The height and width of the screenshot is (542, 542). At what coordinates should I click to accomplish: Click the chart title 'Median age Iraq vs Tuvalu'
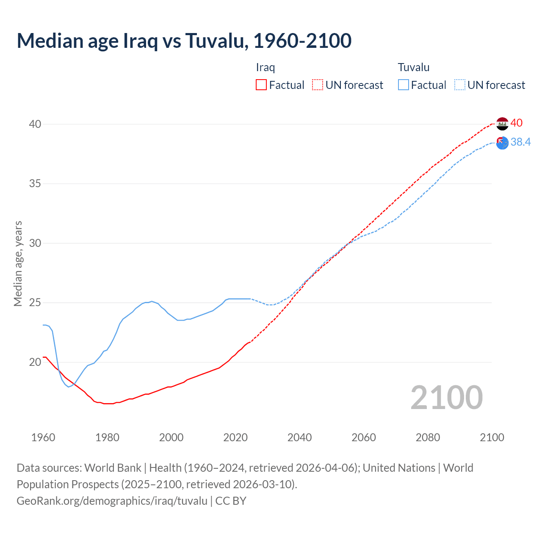tap(184, 41)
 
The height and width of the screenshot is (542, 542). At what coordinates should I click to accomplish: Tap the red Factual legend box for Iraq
tap(261, 85)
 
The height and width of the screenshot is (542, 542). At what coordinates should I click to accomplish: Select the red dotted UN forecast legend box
tap(318, 85)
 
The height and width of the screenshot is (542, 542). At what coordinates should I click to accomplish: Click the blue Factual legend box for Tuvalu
tap(404, 85)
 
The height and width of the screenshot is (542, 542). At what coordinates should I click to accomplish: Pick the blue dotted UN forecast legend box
tap(459, 85)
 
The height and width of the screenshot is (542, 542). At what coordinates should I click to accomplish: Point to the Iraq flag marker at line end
tap(502, 124)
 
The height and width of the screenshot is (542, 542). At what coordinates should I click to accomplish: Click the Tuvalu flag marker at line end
tap(502, 143)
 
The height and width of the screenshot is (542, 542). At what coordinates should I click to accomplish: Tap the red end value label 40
tap(517, 123)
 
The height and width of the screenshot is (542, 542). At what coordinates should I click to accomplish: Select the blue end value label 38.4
tap(520, 142)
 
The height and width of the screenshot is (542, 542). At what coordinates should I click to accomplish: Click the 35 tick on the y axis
tap(35, 184)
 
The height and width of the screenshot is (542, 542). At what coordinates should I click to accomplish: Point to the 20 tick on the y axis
tap(35, 362)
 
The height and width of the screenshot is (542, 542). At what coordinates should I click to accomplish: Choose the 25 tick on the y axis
tap(35, 303)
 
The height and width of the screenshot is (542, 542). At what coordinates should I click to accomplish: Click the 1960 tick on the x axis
tap(43, 437)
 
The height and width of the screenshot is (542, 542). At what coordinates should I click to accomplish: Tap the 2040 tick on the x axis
tap(299, 437)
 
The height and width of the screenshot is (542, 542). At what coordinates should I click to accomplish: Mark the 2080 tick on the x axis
tap(428, 437)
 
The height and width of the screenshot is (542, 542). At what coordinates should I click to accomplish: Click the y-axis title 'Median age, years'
tap(18, 263)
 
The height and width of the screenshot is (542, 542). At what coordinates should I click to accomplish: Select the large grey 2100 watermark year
tap(446, 398)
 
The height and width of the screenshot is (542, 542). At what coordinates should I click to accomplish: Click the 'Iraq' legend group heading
tap(265, 67)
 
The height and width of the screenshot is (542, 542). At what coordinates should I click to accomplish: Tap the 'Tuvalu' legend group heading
tap(414, 67)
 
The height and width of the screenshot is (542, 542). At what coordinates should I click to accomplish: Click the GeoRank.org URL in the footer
tap(112, 501)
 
